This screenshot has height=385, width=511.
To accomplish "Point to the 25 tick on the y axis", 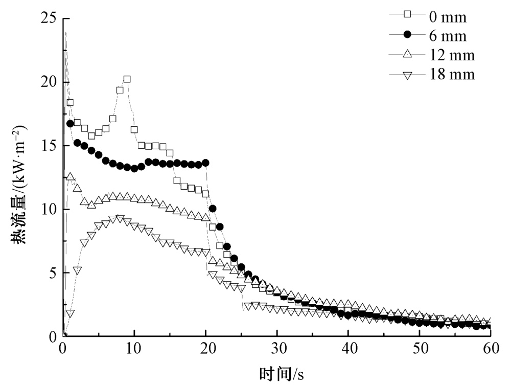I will tap(50, 19).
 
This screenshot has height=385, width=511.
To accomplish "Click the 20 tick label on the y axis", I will tap(50, 82).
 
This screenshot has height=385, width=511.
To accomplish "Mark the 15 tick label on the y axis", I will tap(50, 146).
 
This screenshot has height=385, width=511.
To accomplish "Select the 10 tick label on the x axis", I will tap(134, 349).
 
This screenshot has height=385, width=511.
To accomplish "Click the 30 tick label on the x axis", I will tap(276, 349).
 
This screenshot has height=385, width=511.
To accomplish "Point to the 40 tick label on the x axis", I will tap(348, 349).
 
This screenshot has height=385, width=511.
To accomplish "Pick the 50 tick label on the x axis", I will tap(419, 349).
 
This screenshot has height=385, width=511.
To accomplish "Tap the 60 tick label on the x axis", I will tap(490, 349).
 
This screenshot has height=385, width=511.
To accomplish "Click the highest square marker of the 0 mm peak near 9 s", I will tap(127, 79).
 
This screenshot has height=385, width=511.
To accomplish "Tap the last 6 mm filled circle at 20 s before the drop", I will tap(205, 163).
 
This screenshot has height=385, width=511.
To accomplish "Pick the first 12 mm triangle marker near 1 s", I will tap(71, 177).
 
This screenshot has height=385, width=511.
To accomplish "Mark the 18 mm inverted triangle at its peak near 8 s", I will tap(120, 219).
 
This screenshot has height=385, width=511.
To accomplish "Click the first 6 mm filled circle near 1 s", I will tap(70, 124).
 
